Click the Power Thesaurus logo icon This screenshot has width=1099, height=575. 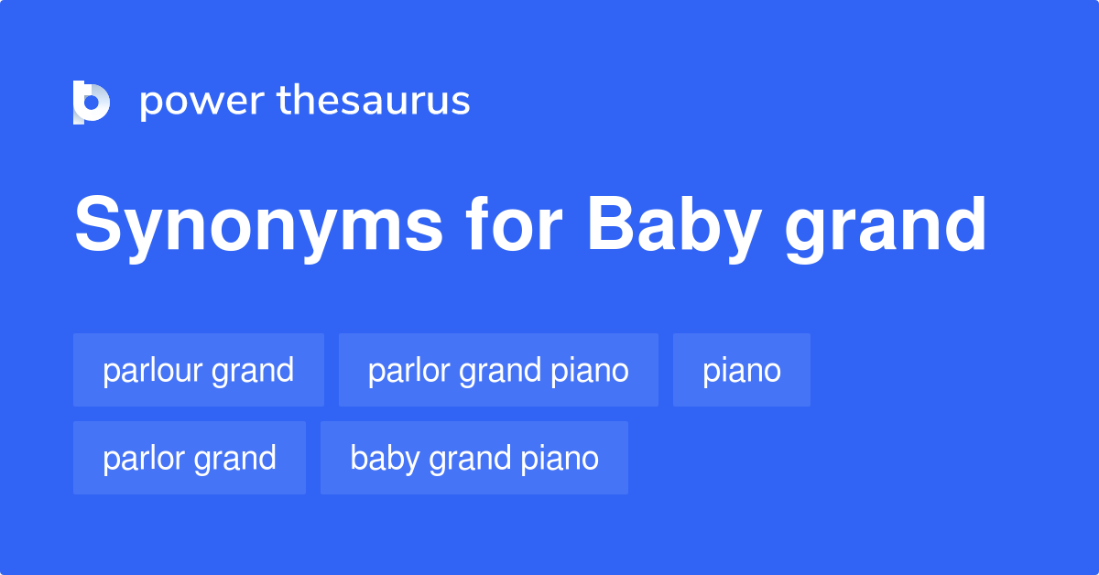point(92,102)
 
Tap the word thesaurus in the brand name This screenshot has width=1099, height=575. point(374,101)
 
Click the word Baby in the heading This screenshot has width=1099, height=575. point(674,225)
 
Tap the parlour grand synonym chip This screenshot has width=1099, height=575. point(199,370)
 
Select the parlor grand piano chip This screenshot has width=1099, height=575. point(498,370)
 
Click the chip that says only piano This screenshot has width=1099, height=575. point(742,370)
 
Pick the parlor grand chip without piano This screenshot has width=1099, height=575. point(190,458)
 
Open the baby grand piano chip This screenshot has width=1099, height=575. point(474,458)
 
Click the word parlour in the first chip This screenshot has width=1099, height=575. point(153,370)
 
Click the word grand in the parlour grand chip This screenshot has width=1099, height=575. point(253,371)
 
